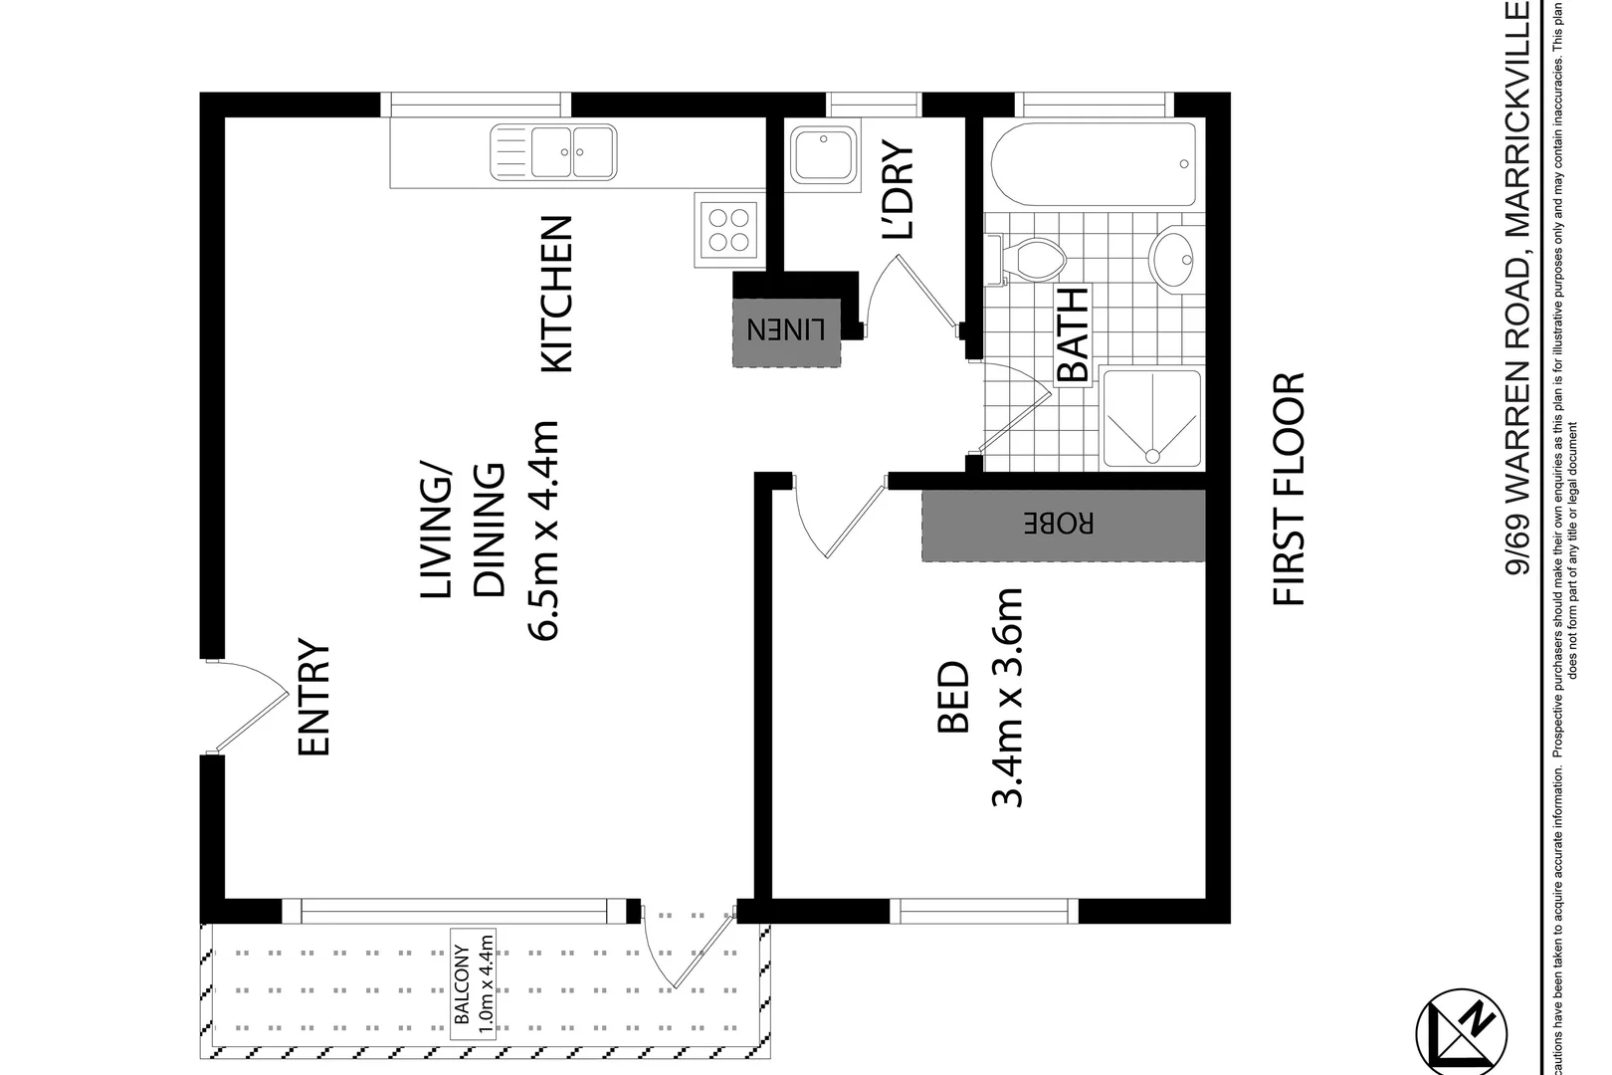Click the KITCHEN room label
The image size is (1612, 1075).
point(556,295)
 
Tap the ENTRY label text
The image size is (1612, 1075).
point(314,698)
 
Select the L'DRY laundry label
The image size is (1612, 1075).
point(898,191)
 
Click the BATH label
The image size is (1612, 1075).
point(1073,335)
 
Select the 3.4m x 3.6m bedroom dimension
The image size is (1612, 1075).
point(1008,697)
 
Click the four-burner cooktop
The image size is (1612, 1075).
point(727,228)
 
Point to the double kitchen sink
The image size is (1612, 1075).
point(554,152)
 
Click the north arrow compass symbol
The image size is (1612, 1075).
point(1462,1032)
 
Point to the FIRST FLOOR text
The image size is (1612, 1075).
point(1289,489)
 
